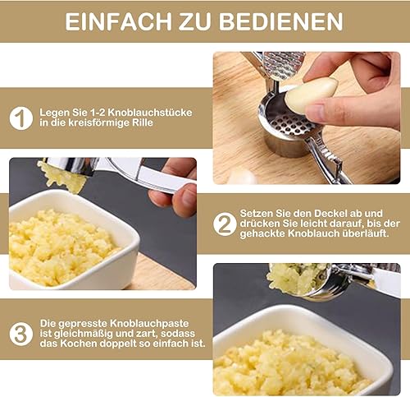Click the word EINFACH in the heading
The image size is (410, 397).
coord(119,21)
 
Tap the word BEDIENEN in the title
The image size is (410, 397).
coord(281,21)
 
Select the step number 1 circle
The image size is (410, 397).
coord(21,118)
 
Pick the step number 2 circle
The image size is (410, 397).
coord(225,224)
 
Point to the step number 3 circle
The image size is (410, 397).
coord(21,334)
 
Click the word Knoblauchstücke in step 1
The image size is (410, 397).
coord(150,113)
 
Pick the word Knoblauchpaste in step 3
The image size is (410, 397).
coord(149,323)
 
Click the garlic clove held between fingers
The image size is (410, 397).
coord(312,95)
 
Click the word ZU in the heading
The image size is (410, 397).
coord(196,21)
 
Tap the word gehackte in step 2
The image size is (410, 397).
coord(262,233)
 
